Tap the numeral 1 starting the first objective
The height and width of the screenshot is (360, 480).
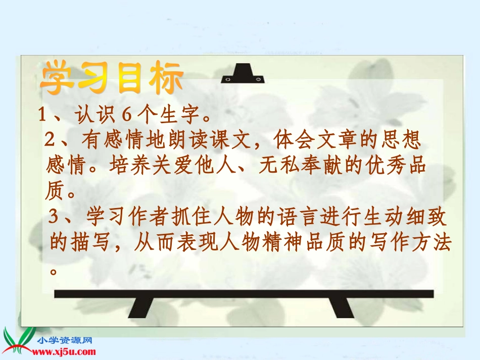[43, 116]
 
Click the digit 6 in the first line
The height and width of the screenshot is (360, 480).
[127, 116]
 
